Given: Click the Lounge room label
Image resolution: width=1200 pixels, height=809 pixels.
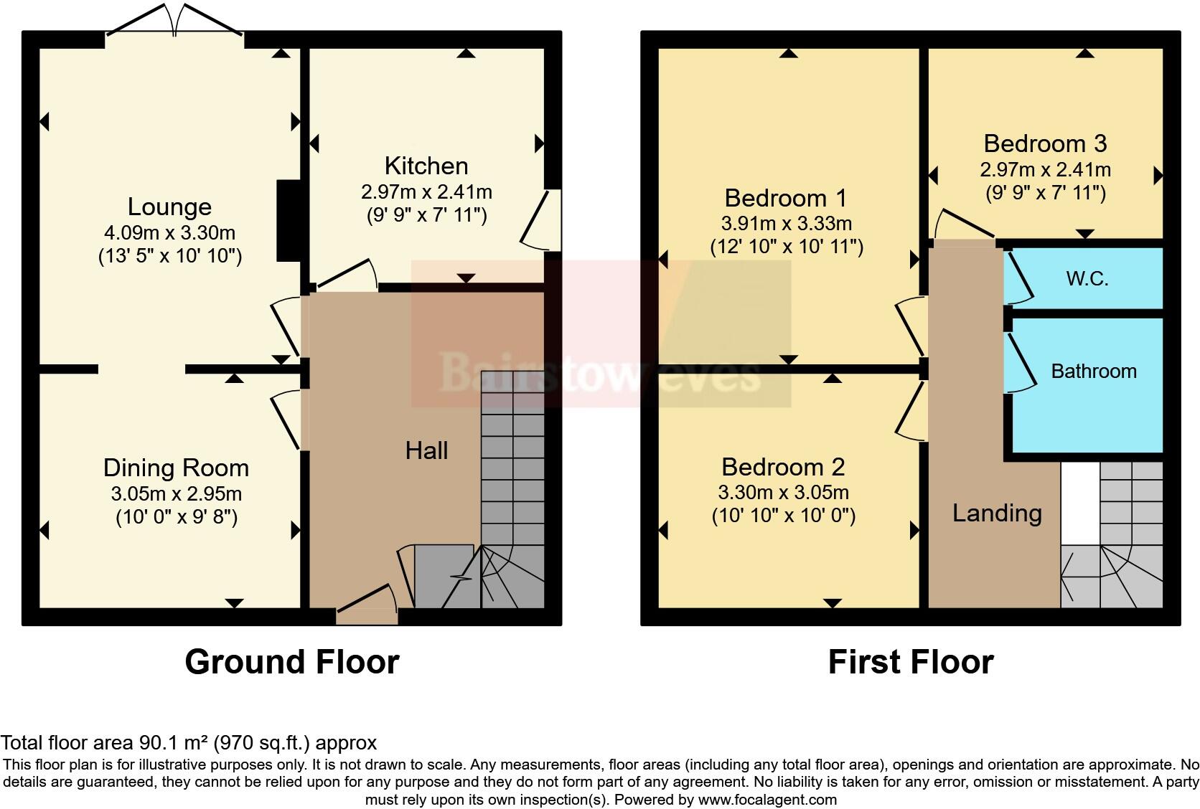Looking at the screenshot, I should click(169, 207).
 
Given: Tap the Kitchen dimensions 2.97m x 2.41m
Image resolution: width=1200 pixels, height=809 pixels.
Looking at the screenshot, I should click(426, 192).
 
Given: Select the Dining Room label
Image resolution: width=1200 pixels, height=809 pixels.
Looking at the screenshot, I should click(176, 468).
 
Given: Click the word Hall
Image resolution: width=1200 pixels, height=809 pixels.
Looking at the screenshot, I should click(426, 450).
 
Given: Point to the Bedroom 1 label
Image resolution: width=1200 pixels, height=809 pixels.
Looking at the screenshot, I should click(785, 197).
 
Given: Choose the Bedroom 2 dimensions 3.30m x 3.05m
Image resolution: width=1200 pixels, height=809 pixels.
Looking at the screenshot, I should click(783, 493).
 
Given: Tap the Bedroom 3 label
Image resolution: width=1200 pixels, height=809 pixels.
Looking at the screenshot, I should click(1044, 143).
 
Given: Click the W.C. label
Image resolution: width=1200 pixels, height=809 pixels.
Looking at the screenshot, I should click(1087, 278).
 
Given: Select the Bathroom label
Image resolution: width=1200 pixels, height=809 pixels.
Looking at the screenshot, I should click(1093, 371).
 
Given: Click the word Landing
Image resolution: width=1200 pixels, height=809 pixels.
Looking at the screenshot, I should click(996, 513).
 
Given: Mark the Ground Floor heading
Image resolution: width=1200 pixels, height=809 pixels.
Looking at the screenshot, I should click(291, 661).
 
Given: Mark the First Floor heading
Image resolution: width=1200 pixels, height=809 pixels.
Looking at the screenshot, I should click(910, 661).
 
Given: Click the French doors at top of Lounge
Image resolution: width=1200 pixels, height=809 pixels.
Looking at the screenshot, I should click(174, 20).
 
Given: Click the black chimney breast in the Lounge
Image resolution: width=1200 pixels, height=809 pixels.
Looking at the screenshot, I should click(288, 221).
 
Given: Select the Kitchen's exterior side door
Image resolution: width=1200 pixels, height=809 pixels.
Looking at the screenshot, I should click(543, 219).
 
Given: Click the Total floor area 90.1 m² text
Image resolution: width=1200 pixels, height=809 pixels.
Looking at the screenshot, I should click(188, 742).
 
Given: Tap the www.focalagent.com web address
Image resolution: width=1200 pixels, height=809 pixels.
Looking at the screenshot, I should click(767, 799).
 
